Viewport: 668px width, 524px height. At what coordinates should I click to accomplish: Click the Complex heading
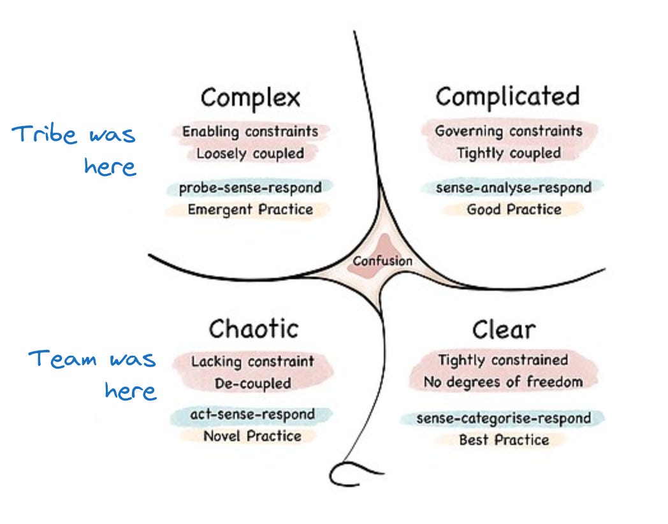click(x=250, y=98)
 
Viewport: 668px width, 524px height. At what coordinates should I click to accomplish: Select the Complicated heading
click(x=508, y=96)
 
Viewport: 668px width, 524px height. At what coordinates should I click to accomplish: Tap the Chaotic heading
click(x=253, y=329)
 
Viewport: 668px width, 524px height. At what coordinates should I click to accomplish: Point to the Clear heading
click(x=504, y=330)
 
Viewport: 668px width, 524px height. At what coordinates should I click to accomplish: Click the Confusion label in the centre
click(x=383, y=261)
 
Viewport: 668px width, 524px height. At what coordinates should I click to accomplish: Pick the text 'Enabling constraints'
click(x=250, y=132)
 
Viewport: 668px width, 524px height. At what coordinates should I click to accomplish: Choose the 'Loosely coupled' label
click(x=250, y=154)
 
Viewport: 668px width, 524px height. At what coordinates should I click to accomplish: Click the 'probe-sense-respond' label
click(x=250, y=188)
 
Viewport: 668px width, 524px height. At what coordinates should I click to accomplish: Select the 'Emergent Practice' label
click(x=250, y=210)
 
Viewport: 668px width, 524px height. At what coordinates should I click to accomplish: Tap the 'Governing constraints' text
click(x=509, y=131)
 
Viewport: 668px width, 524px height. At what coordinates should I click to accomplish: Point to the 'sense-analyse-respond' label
click(x=513, y=187)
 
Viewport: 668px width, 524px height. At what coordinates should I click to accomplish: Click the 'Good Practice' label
click(x=514, y=209)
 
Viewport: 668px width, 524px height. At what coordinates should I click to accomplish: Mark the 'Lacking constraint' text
click(x=252, y=361)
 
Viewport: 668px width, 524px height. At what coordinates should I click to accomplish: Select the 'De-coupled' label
click(x=252, y=384)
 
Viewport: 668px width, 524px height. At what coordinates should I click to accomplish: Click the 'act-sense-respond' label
click(x=252, y=414)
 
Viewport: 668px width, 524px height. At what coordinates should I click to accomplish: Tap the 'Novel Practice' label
click(x=252, y=436)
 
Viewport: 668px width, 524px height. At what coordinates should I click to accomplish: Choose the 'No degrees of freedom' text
click(x=503, y=382)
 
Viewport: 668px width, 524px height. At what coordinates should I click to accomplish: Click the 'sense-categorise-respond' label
click(x=503, y=418)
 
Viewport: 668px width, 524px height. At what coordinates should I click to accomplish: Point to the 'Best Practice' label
click(x=503, y=440)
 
